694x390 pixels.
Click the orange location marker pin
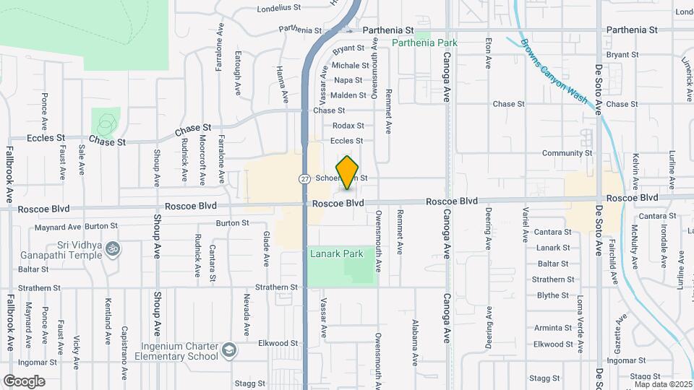[x=348, y=173]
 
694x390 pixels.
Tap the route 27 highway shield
[x=305, y=178]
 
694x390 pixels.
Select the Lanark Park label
[x=336, y=254]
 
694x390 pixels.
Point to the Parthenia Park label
[x=425, y=43]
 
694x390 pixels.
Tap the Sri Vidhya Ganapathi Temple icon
[x=111, y=248]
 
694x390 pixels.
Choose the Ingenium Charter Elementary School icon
[x=229, y=350]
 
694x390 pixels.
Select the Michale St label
[x=351, y=66]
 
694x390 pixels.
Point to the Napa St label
[x=348, y=80]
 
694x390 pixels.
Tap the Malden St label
[x=348, y=95]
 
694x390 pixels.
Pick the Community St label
[x=567, y=153]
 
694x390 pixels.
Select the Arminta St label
[x=553, y=327]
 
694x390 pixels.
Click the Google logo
[x=24, y=381]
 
